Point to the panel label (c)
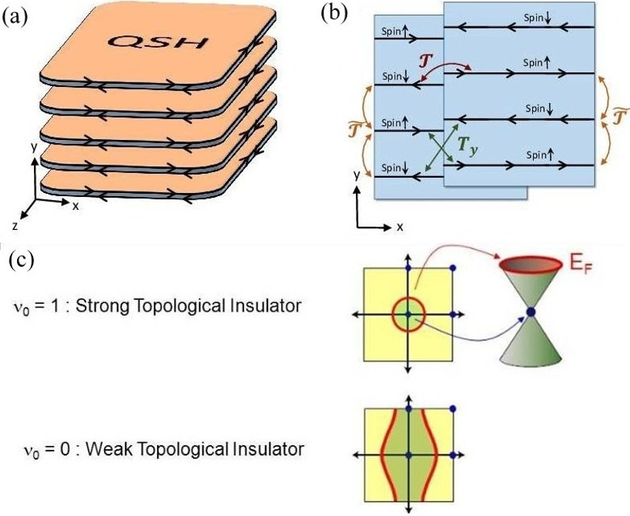(21, 260)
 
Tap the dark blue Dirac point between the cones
(531, 311)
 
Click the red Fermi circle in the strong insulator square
(408, 299)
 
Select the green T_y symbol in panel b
(467, 146)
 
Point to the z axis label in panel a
(15, 226)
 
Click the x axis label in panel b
(400, 227)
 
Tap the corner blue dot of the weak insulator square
(453, 409)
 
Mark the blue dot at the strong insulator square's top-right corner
(453, 268)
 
